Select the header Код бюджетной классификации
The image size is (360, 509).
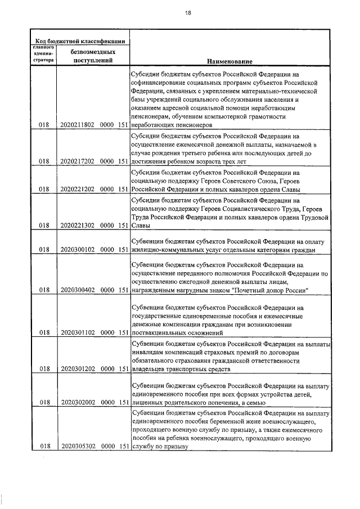[79, 40]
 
